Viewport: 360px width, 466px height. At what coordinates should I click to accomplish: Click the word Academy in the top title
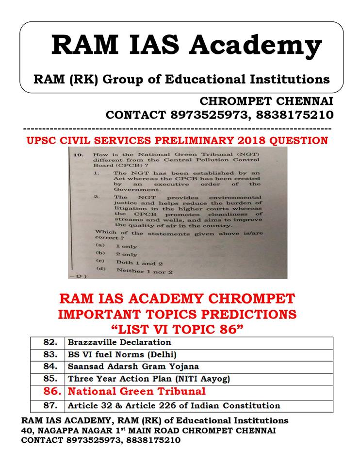256,46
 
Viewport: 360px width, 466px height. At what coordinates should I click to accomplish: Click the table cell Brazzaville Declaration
119,342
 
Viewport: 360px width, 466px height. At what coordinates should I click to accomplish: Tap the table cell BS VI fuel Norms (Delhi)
122,354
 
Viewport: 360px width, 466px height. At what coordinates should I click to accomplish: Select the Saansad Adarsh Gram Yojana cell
133,366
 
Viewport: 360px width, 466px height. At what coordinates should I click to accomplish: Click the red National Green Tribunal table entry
136,391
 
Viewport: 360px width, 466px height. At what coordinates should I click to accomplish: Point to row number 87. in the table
50,405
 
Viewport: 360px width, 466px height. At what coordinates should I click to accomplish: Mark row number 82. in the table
50,342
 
